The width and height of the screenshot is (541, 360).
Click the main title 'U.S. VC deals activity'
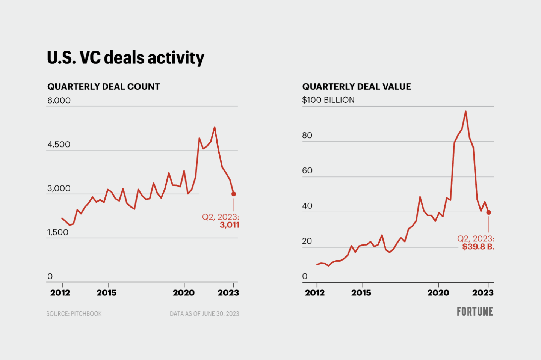[x=125, y=58]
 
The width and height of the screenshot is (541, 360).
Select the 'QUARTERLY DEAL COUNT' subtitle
[x=104, y=87]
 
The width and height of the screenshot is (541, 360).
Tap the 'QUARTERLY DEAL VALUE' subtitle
[x=357, y=87]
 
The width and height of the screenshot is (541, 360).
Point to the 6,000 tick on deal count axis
[x=59, y=101]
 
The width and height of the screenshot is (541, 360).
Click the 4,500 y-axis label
[x=59, y=145]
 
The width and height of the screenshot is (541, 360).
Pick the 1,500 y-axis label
[x=58, y=232]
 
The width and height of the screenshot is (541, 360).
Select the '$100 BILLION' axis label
[x=328, y=100]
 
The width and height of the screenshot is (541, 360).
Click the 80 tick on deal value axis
[x=307, y=136]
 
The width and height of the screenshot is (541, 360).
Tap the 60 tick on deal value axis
[x=307, y=171]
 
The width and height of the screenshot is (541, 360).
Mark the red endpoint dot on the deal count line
[x=233, y=194]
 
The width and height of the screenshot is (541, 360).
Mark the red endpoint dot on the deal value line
[x=488, y=212]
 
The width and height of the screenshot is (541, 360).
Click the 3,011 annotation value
[x=229, y=225]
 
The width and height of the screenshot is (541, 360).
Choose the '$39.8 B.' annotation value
[x=478, y=247]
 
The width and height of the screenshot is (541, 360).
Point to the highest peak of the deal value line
[x=465, y=111]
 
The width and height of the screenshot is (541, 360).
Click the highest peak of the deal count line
[x=215, y=127]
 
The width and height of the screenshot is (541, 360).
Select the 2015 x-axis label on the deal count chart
[x=107, y=293]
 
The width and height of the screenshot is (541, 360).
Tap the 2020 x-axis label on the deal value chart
[x=438, y=293]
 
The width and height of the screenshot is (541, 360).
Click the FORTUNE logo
[x=475, y=312]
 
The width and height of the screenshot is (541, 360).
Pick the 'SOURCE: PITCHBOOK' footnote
[x=74, y=314]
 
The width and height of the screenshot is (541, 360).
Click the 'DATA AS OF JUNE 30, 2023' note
[x=204, y=314]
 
